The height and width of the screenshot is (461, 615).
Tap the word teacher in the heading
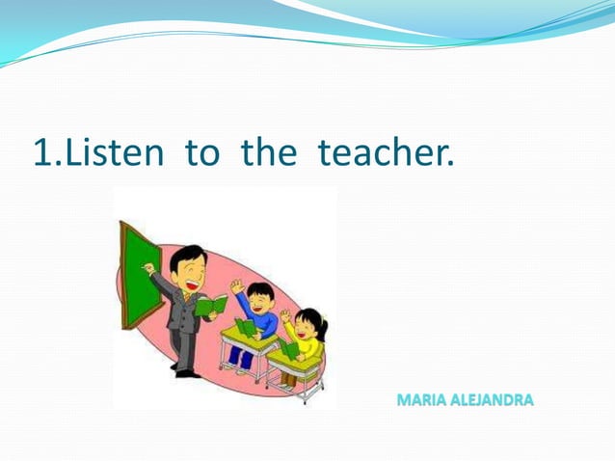[x=385, y=151]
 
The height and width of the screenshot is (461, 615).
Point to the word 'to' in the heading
[x=202, y=151]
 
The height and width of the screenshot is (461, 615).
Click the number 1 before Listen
[x=42, y=151]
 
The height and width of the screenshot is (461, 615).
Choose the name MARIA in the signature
[x=420, y=399]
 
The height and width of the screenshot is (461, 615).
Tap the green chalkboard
[x=140, y=275]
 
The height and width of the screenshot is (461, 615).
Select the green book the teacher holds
[x=211, y=307]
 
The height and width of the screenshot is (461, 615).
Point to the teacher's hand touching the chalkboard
[x=148, y=268]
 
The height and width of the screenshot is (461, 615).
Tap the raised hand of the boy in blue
[x=236, y=286]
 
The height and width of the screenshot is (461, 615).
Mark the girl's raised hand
[x=285, y=315]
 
